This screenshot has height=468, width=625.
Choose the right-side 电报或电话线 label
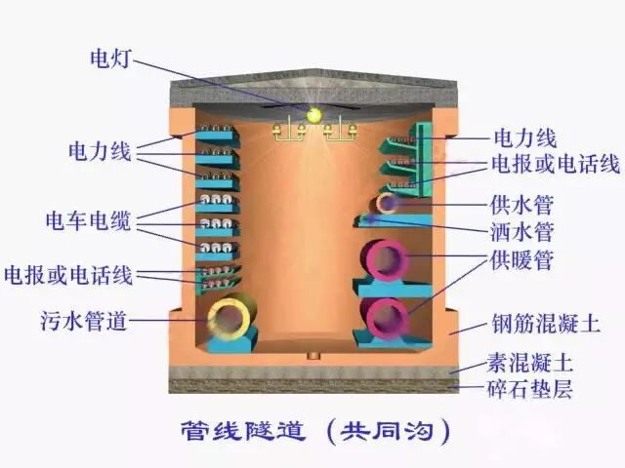[554, 163]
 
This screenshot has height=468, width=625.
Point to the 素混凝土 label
[529, 364]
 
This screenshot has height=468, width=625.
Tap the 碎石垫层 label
[529, 390]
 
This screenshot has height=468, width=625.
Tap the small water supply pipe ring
[388, 204]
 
